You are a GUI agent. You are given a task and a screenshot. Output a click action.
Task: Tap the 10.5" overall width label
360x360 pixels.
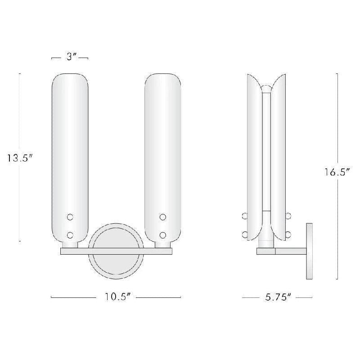(116, 297)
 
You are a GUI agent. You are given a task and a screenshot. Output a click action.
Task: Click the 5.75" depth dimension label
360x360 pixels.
(277, 297)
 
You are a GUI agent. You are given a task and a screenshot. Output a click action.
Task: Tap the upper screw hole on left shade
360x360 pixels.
(70, 217)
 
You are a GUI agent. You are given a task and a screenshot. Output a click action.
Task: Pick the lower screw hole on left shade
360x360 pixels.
(70, 234)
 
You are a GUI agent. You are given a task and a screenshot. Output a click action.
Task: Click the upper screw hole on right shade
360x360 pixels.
(163, 217)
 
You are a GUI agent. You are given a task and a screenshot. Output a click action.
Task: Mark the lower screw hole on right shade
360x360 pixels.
(163, 234)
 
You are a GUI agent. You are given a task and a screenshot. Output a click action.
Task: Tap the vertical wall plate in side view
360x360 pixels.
(310, 251)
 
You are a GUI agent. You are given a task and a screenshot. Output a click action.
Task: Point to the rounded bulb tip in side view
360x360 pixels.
(266, 88)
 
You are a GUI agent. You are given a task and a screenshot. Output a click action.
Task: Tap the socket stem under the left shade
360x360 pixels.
(70, 244)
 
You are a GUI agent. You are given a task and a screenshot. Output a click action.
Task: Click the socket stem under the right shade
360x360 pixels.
(163, 244)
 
